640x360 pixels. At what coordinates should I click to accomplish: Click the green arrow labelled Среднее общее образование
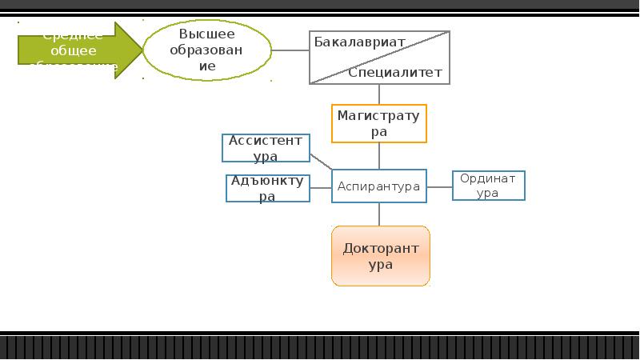click(76, 50)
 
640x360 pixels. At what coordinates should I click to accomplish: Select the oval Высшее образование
click(207, 50)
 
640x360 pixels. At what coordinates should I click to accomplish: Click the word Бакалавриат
click(359, 42)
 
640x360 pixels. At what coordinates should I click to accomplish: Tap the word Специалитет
click(395, 73)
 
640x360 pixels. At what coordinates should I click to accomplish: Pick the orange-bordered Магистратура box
click(379, 123)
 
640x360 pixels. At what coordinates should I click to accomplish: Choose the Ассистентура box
click(266, 148)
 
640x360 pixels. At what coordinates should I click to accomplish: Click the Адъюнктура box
click(267, 188)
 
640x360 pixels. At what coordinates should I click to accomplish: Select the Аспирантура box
click(378, 186)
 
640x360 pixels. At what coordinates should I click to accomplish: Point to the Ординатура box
click(488, 186)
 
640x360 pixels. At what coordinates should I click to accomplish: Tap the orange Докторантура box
click(381, 256)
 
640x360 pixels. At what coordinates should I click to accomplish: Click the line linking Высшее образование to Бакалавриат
click(290, 50)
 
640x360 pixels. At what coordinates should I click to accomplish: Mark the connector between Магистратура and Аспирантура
click(379, 156)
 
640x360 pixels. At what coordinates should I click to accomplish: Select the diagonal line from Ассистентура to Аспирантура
click(321, 161)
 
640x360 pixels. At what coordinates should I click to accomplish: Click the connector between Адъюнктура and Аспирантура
click(321, 188)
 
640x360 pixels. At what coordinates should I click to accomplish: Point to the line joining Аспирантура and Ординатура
click(439, 186)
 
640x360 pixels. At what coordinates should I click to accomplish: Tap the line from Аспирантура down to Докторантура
click(379, 214)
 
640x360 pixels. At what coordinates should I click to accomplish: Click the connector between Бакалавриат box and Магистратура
click(379, 94)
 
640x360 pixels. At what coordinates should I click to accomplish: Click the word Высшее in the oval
click(207, 34)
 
